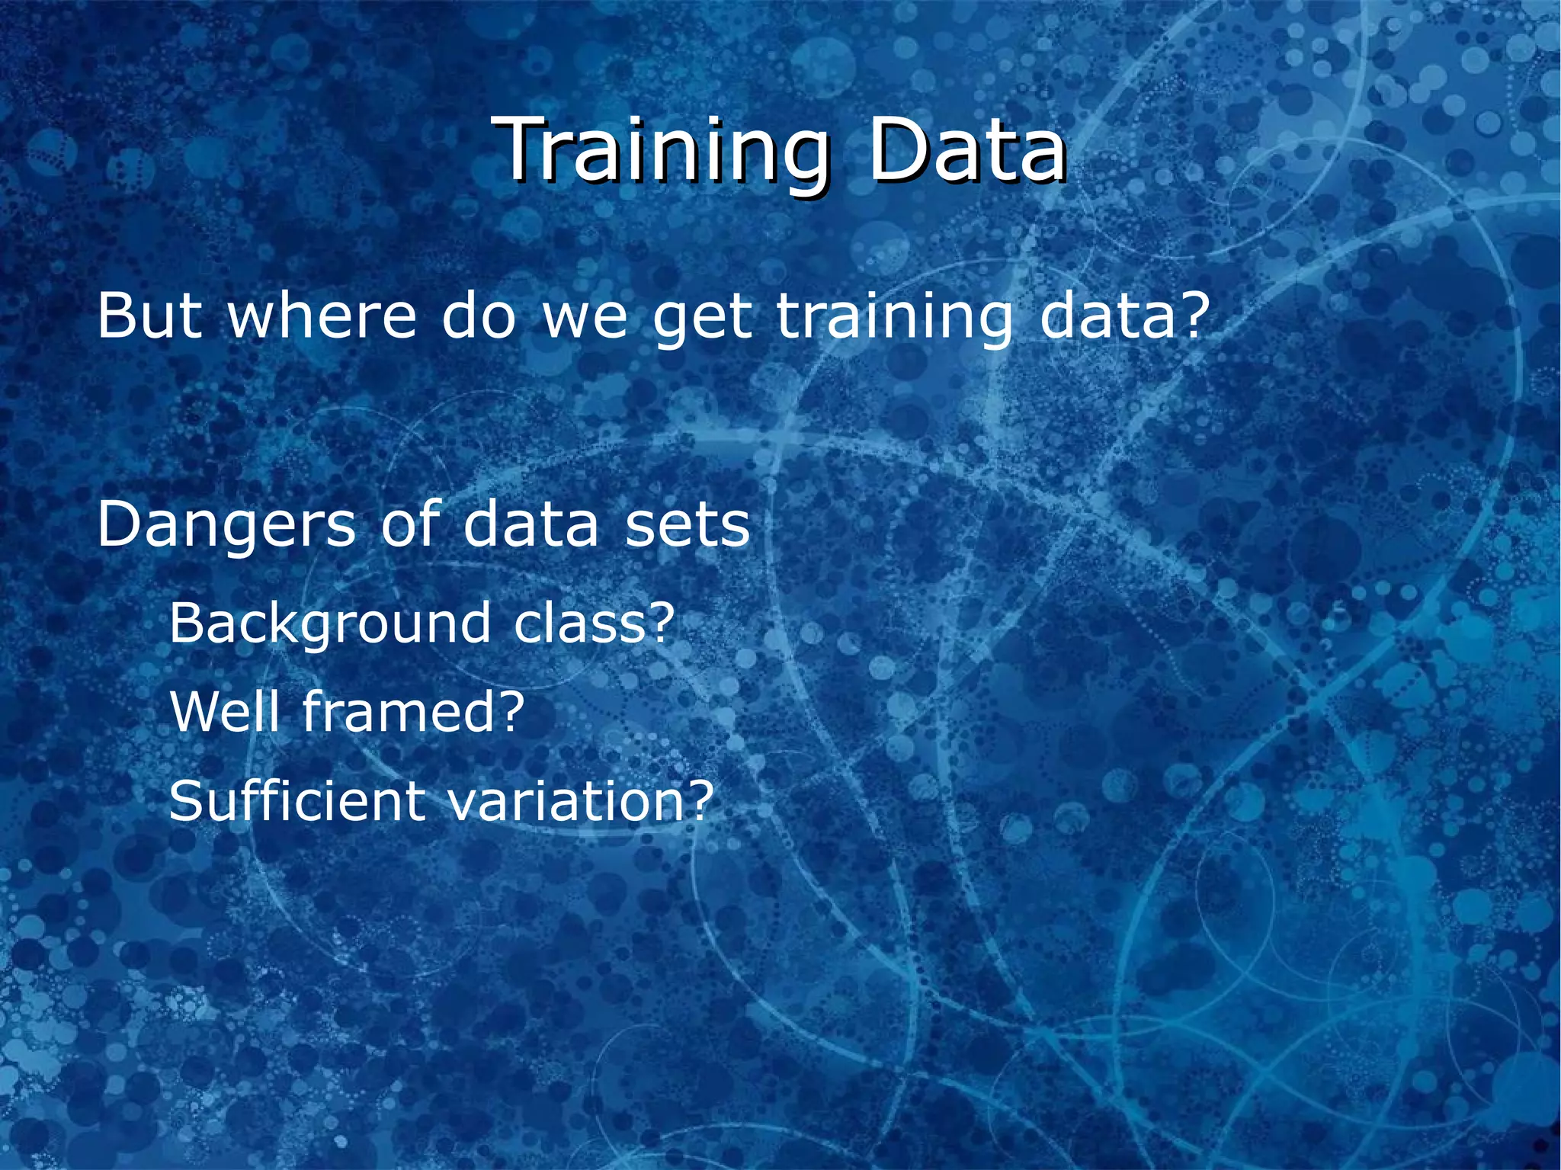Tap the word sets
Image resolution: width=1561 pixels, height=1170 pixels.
click(x=687, y=527)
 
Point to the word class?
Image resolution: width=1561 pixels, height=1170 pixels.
click(x=595, y=622)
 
